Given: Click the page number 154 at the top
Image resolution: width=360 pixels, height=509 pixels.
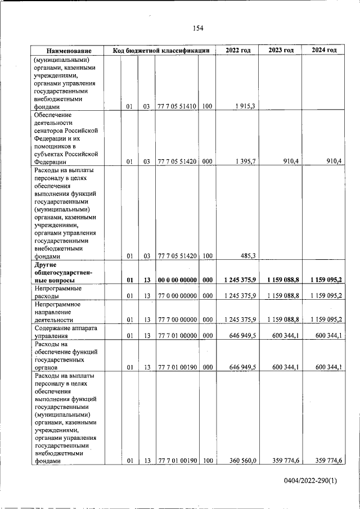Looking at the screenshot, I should (197, 29).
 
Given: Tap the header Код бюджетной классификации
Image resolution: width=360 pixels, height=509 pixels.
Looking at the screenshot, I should (161, 51).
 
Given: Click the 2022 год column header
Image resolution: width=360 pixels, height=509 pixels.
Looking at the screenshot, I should (237, 50).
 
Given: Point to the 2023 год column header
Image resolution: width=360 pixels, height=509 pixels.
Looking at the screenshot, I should (281, 50).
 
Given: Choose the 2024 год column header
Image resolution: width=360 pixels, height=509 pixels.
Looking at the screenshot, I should (323, 50).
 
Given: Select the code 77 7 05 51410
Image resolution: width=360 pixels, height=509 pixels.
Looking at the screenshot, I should (177, 106).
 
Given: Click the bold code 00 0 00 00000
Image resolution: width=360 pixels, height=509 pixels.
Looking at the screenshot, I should (177, 280).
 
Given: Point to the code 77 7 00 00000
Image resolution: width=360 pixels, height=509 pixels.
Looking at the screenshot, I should (177, 319).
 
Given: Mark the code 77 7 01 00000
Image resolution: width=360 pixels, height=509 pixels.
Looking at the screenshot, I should (177, 336).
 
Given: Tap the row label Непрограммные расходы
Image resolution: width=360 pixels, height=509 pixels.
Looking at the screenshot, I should (58, 292).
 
